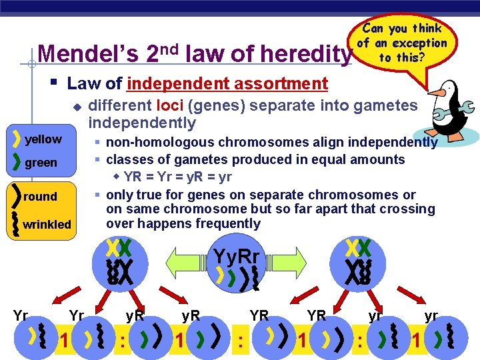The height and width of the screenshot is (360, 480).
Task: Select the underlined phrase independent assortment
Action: tap(227, 84)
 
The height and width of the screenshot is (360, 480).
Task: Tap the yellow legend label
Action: tap(43, 139)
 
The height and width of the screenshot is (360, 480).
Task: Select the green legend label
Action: tap(41, 163)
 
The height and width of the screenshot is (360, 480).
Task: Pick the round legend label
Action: tap(40, 197)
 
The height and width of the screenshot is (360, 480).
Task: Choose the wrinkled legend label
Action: tap(47, 225)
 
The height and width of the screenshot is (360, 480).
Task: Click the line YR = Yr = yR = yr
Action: tap(178, 177)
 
